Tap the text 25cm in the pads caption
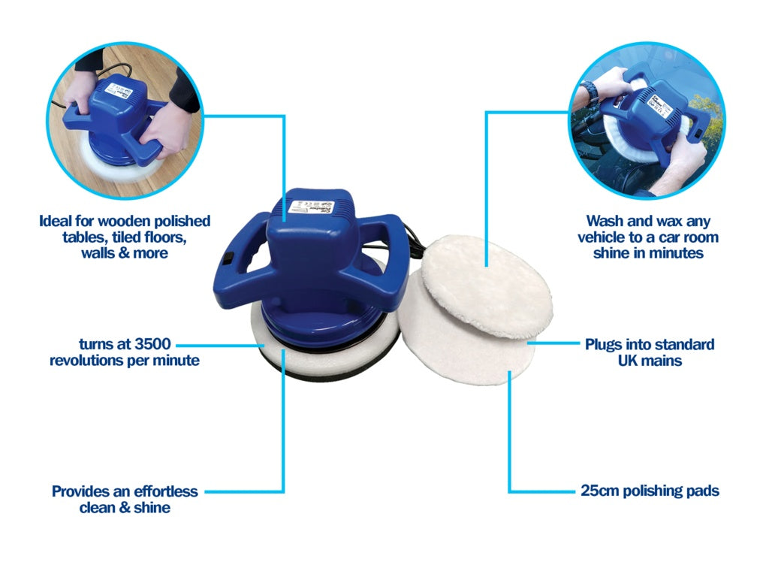(x=599, y=491)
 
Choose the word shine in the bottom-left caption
(x=152, y=509)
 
